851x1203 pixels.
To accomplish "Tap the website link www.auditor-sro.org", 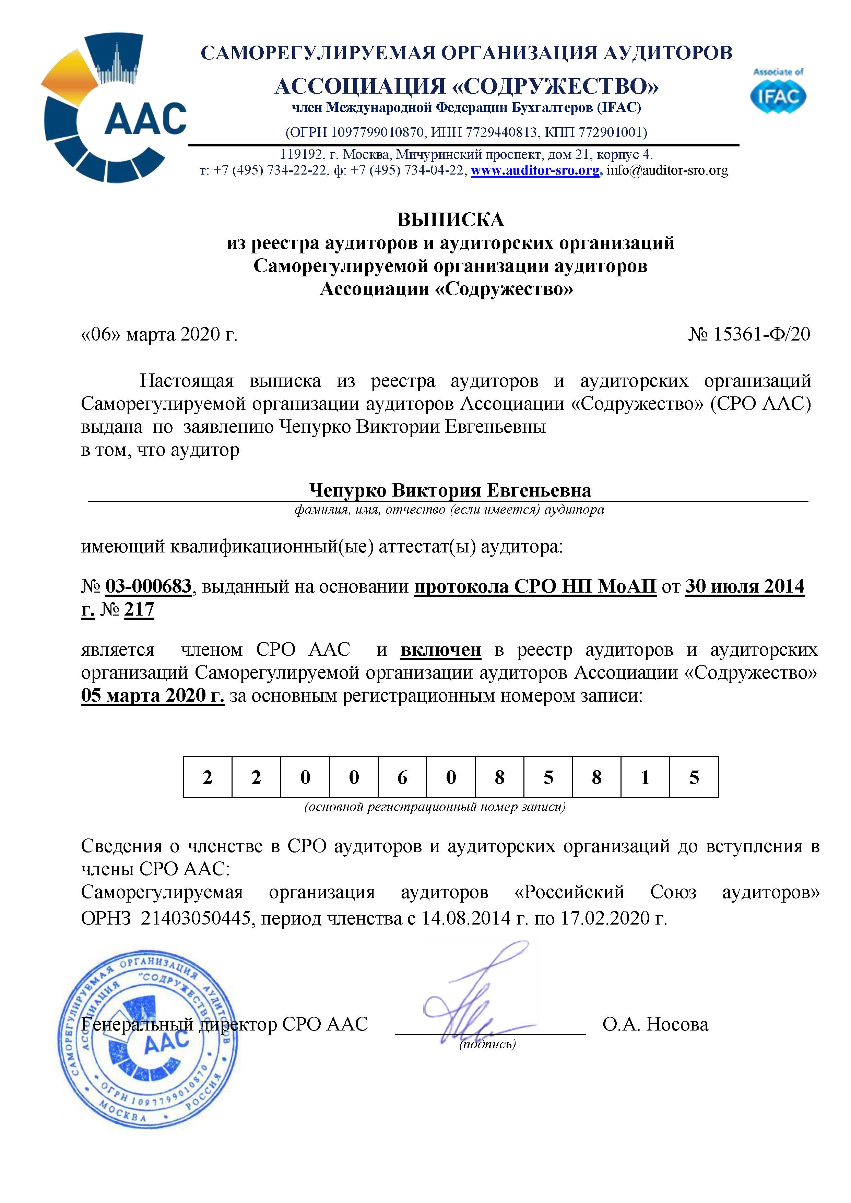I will tap(535, 170).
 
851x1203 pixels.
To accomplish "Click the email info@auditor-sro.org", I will tap(667, 170).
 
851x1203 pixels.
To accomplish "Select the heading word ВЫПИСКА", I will tap(451, 219).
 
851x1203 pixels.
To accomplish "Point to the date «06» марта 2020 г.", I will tap(159, 334).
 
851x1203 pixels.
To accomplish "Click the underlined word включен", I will tap(441, 650).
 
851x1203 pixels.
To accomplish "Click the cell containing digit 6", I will tap(402, 777).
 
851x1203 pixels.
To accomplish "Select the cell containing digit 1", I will tap(645, 777).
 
